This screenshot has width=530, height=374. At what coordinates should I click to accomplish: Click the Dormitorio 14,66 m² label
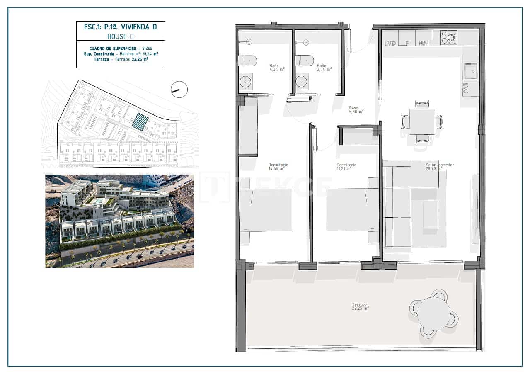click(278, 167)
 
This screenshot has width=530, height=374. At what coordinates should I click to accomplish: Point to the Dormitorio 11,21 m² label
click(346, 167)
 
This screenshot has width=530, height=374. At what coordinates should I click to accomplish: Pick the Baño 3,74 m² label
click(324, 68)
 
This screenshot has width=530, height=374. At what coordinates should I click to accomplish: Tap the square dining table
click(422, 121)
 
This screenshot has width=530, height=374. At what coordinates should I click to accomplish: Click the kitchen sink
click(471, 72)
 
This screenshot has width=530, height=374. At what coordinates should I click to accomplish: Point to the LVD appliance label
click(390, 43)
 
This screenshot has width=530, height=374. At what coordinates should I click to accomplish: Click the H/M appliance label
click(423, 43)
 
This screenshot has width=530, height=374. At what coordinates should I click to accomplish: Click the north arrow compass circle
click(179, 89)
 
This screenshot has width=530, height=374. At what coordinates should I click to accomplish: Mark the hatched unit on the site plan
click(140, 122)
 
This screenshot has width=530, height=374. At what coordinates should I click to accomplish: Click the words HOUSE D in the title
click(120, 36)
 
